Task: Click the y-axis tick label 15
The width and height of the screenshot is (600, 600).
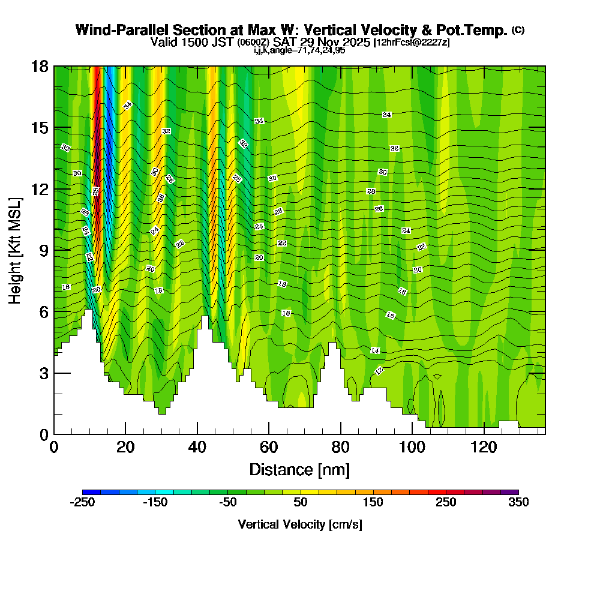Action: (x=40, y=128)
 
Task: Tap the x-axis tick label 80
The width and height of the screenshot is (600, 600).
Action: (x=341, y=448)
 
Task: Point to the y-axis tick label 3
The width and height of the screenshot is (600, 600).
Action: (x=43, y=373)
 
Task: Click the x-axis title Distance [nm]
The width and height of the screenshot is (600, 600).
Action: (x=299, y=469)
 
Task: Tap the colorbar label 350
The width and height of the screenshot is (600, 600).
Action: (x=518, y=503)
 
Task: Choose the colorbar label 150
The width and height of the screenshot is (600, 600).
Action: (x=373, y=503)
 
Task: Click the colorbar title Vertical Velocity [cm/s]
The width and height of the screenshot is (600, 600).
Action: (x=300, y=524)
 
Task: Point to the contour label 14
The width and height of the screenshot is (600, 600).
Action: (x=375, y=350)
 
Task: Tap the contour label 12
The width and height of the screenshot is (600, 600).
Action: (x=379, y=370)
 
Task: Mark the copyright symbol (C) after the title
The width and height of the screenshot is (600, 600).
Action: (x=518, y=30)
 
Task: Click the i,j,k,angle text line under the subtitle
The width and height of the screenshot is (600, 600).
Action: (x=299, y=50)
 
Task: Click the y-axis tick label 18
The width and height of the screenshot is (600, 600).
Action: (x=40, y=66)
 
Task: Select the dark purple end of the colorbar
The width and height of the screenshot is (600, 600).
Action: (x=510, y=492)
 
